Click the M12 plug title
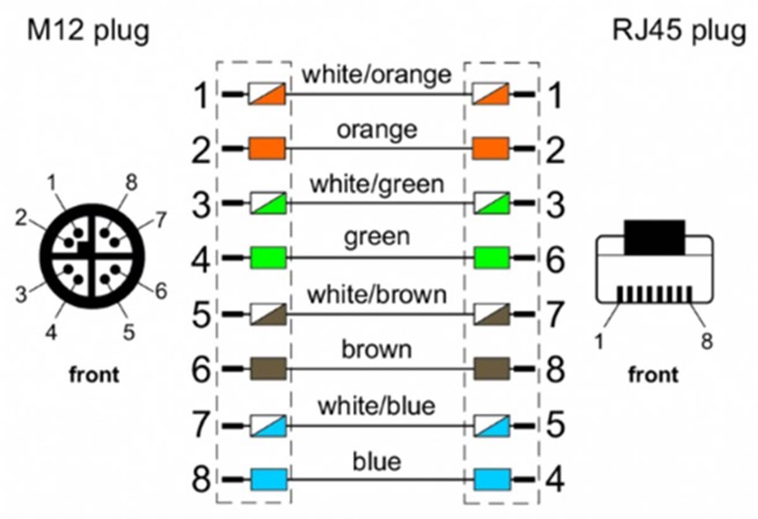coord(88,32)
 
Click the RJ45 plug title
coord(679,32)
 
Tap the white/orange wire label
coord(376,75)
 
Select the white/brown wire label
coord(376,294)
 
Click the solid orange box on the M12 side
coord(268,149)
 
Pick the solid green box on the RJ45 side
coord(492,258)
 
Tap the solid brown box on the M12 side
coord(268,368)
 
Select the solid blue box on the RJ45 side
coord(492,479)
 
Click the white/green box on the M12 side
coord(268,203)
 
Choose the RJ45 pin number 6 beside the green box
coord(555,259)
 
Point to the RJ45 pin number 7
coord(555,315)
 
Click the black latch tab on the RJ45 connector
coord(654,237)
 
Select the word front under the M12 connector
coord(94,375)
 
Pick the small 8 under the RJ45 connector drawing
coord(707,342)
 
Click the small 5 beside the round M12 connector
coord(128,332)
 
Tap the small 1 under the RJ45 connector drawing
coord(599,342)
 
